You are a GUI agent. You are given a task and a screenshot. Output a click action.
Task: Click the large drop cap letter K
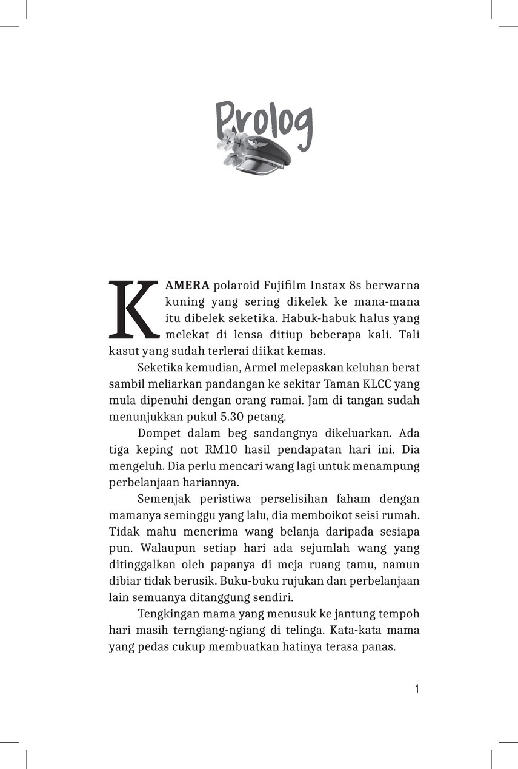134,309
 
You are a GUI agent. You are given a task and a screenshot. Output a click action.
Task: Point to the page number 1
417,689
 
